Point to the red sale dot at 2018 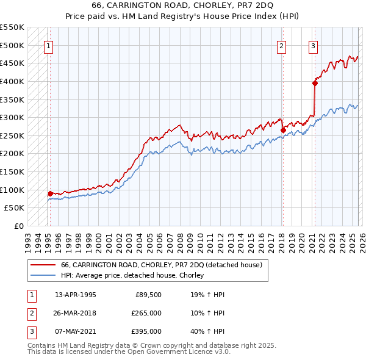[283, 130]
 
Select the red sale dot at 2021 [315, 83]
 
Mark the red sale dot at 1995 [50, 193]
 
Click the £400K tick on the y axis [12, 81]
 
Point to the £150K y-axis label [12, 171]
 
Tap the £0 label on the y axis [18, 226]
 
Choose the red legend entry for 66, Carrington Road [161, 265]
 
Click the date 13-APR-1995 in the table [75, 295]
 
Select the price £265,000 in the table [146, 313]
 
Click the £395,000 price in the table [146, 331]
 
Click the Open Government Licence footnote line [129, 353]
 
